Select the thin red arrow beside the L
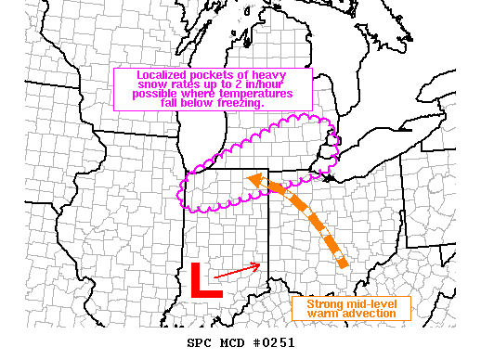244,269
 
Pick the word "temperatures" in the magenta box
257,94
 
